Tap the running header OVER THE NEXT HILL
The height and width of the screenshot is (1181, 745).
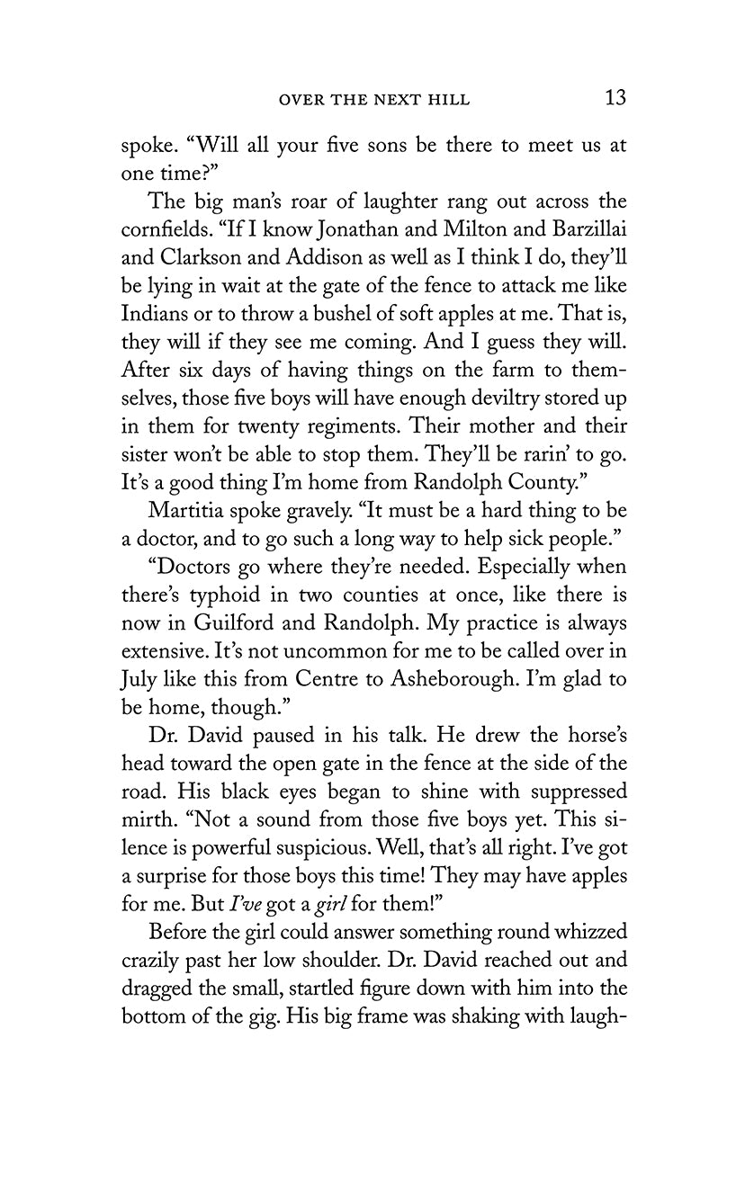pyautogui.click(x=374, y=100)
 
